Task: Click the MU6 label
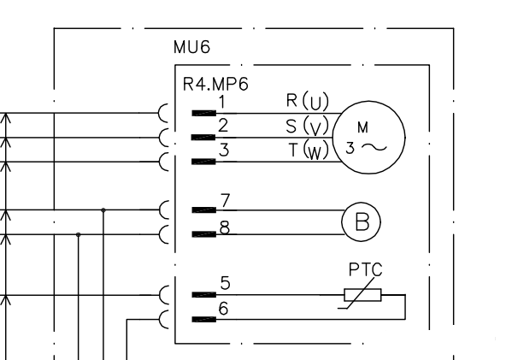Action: [x=191, y=47]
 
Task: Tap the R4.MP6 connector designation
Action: [x=215, y=84]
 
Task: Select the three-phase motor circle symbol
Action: [x=369, y=101]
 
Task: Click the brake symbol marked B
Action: [x=362, y=203]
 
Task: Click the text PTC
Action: [x=365, y=270]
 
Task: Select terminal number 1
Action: [x=222, y=102]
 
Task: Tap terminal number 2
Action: [x=223, y=126]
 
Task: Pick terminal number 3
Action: [x=224, y=150]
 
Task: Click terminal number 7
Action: [x=226, y=201]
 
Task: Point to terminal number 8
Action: [x=225, y=227]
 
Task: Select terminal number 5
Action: [x=226, y=283]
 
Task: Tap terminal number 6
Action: [x=223, y=309]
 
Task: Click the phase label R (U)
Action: [x=307, y=101]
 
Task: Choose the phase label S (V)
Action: [x=307, y=126]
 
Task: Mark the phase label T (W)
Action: [x=309, y=150]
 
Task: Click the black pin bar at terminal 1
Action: [x=204, y=113]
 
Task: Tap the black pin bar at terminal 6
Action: [x=204, y=319]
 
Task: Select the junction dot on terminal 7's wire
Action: [x=103, y=210]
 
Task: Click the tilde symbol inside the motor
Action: [x=374, y=148]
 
